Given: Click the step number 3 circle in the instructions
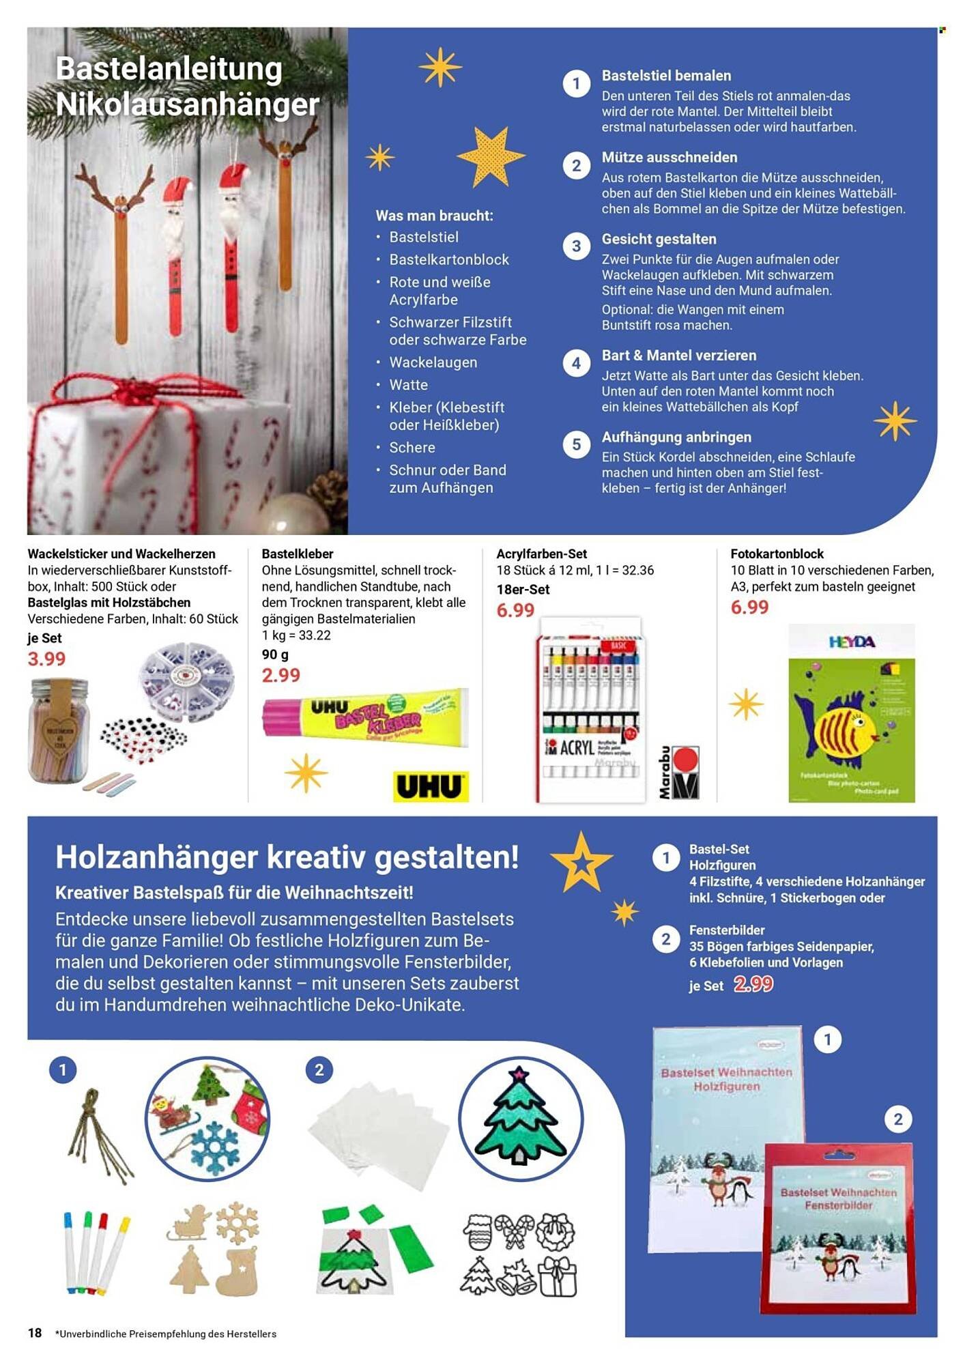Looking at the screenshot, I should click(576, 246).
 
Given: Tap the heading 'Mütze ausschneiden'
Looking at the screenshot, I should click(669, 158).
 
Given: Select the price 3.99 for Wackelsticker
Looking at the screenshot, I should click(46, 659).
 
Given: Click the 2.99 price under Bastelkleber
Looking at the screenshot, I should click(280, 675).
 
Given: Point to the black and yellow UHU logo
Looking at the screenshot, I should click(431, 786).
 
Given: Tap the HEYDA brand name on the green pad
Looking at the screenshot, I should click(852, 642).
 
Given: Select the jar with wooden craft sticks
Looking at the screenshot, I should click(59, 730).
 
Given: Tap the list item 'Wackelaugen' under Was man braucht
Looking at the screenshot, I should click(433, 362).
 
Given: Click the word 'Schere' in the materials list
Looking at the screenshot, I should click(412, 448).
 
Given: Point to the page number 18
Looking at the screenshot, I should click(35, 1333).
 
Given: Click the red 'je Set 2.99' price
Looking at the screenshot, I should click(753, 984).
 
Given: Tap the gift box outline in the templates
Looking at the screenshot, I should click(558, 1275).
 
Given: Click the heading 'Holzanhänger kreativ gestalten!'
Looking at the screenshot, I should click(287, 857).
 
